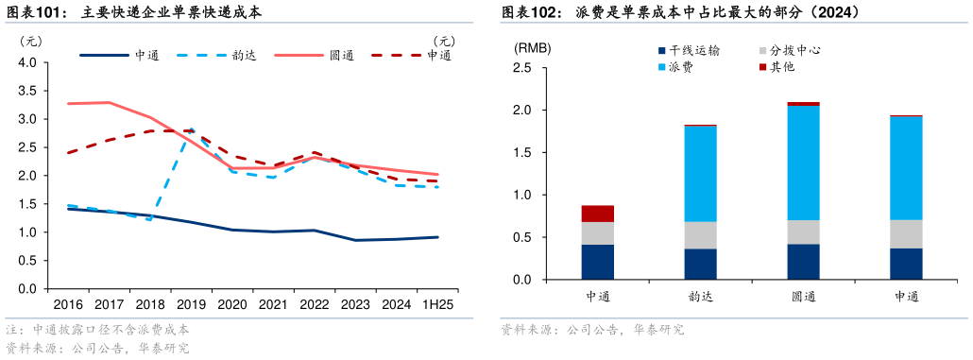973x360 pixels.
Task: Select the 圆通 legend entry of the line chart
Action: (341, 55)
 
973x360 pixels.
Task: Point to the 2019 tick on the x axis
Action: (191, 304)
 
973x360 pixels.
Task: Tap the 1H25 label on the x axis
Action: (437, 304)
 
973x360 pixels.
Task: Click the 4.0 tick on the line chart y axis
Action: (27, 63)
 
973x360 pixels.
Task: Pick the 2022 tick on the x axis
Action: (314, 304)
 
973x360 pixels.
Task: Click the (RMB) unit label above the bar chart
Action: (533, 48)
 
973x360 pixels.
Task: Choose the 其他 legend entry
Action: (781, 67)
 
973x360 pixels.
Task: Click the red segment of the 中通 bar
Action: (598, 214)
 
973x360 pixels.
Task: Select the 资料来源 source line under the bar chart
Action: (592, 330)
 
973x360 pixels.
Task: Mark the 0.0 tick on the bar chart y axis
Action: (521, 281)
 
